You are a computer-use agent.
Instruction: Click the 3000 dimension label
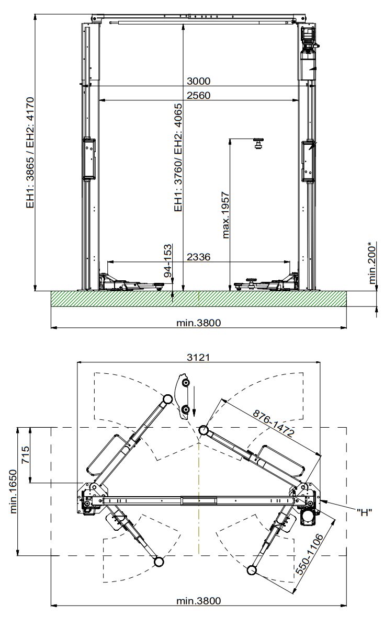198,81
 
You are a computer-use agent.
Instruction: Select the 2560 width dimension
198,95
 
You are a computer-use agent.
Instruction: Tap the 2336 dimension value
198,257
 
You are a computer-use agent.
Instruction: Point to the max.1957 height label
225,215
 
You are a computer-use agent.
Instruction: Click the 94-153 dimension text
168,261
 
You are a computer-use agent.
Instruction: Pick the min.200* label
372,263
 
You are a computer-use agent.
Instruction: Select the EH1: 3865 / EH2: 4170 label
31,153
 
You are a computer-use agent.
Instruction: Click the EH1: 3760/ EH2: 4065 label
178,157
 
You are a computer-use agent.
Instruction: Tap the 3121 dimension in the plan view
198,357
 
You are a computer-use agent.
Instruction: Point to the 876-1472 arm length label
274,424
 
